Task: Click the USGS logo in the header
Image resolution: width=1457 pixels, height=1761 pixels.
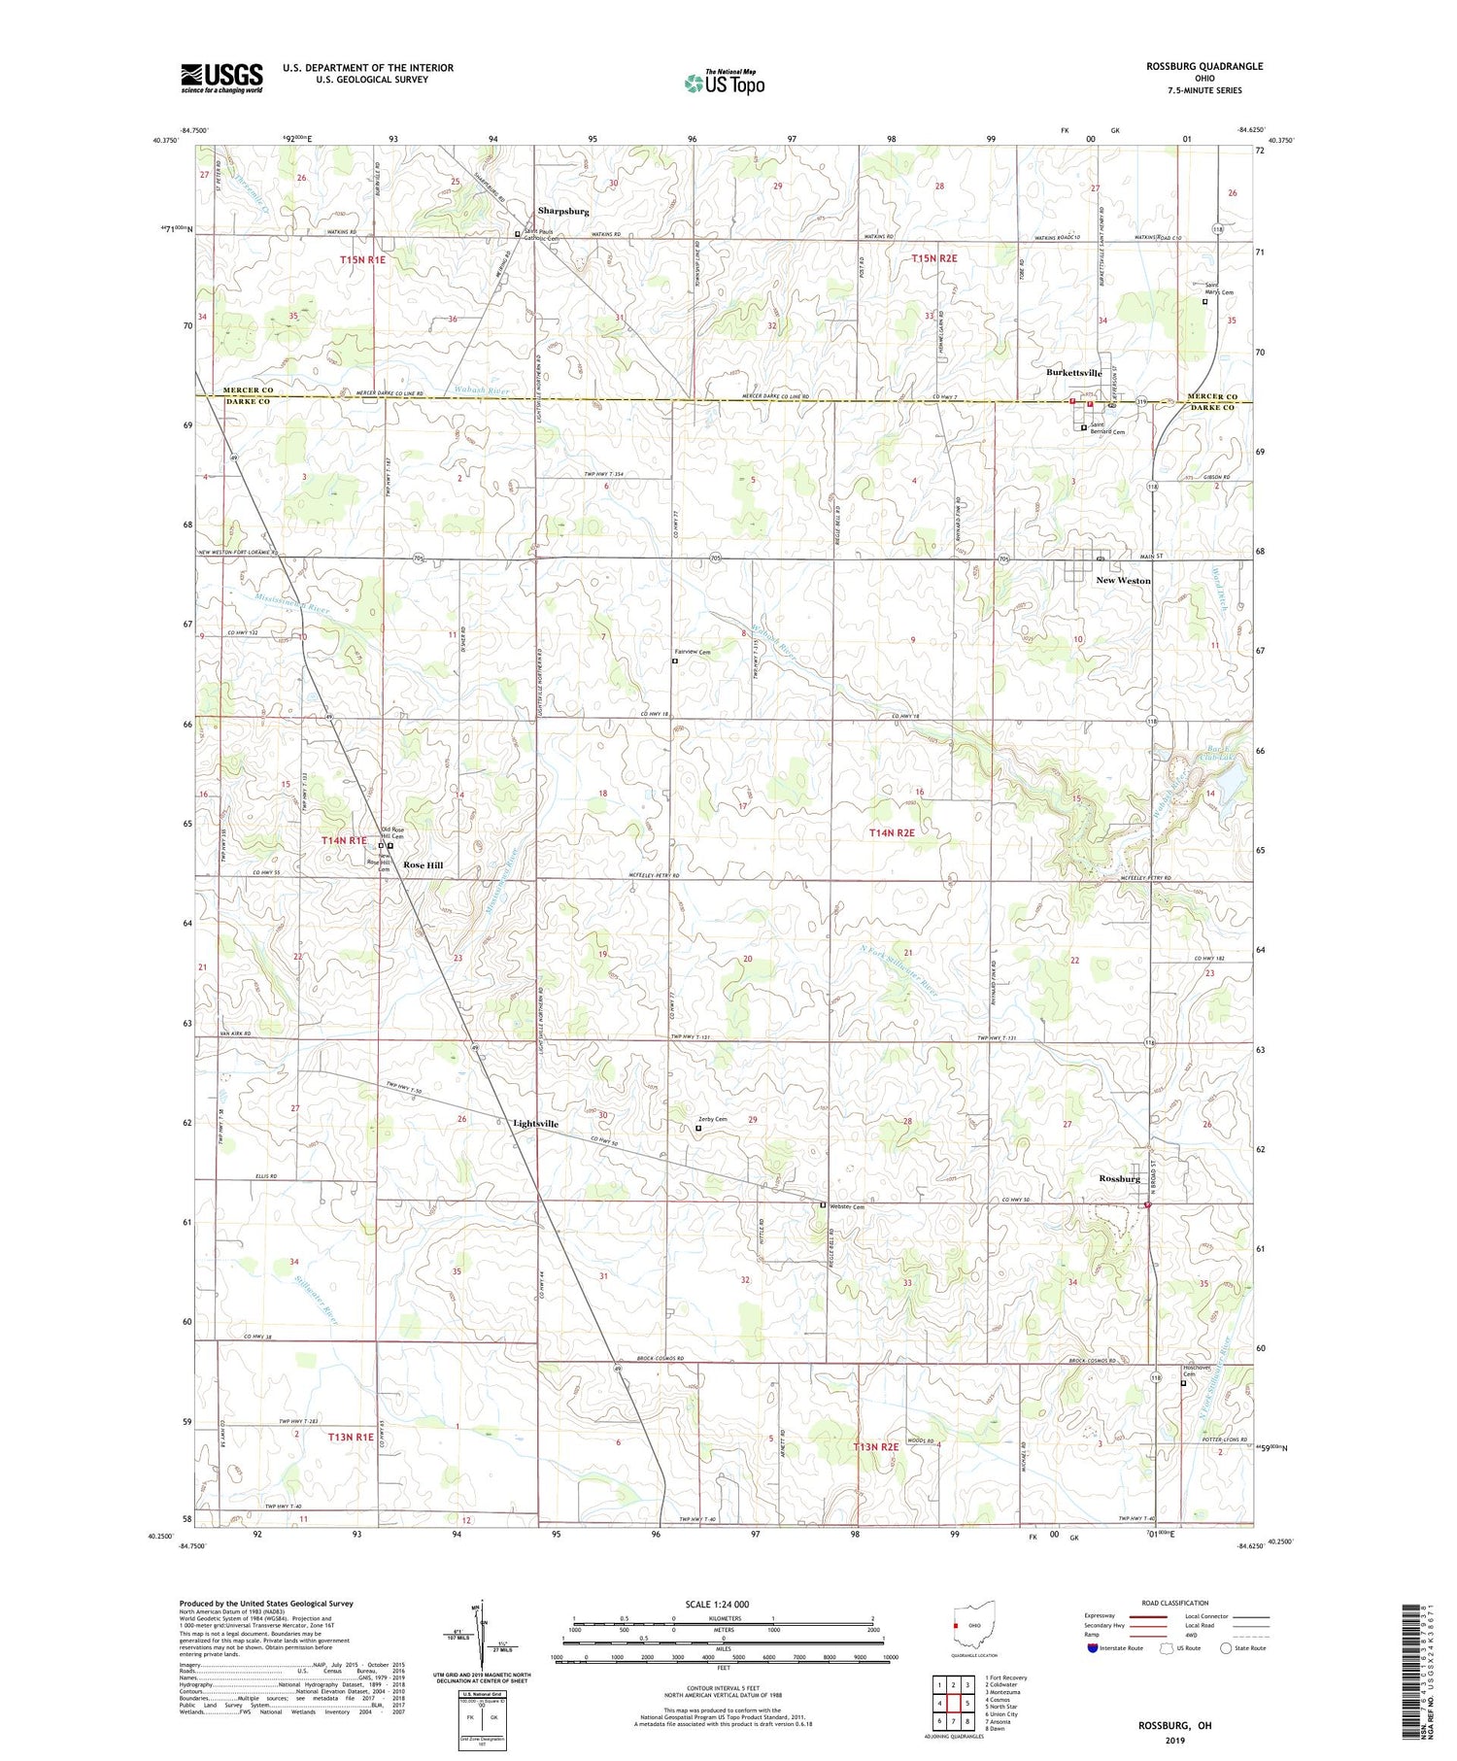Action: (221, 78)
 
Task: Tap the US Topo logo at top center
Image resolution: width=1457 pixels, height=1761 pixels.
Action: (724, 83)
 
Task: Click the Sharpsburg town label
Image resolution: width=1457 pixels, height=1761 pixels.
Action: (563, 211)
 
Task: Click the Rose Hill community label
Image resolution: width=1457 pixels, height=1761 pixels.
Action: (424, 864)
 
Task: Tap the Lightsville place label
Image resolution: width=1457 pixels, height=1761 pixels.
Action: (535, 1123)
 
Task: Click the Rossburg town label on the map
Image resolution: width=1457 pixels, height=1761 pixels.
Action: (1119, 1178)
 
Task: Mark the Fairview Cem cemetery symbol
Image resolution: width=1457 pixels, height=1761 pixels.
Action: (675, 661)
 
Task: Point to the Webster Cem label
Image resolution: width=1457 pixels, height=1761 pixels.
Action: (846, 1205)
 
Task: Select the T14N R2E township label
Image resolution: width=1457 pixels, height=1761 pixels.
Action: (892, 832)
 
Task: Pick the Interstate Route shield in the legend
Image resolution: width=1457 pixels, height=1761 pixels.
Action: (1093, 1648)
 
